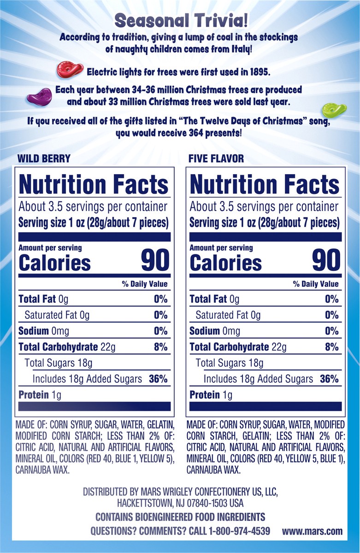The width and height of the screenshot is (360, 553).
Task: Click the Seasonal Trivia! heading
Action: point(180,21)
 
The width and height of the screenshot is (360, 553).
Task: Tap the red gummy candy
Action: point(70,70)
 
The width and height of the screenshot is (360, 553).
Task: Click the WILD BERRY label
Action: point(44,159)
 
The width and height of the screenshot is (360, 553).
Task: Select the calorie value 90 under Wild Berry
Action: point(155,260)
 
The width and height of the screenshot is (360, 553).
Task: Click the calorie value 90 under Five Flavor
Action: point(326,260)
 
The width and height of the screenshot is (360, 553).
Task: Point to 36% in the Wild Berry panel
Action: point(158,379)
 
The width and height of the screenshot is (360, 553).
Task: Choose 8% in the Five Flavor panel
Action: point(331,347)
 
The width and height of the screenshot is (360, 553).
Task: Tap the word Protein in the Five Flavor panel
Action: point(205,395)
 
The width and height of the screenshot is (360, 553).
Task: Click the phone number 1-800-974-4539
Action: point(239,531)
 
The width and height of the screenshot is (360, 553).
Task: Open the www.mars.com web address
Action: point(313,531)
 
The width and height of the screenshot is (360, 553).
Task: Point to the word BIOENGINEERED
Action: point(165,517)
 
